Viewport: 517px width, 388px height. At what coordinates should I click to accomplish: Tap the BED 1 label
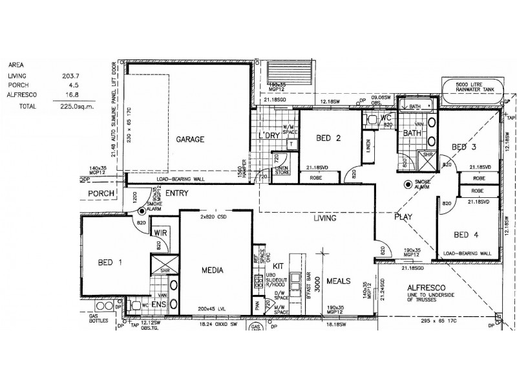point(110,262)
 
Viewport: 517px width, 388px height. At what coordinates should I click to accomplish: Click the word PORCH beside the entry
point(101,193)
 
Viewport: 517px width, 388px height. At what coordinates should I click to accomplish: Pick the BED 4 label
point(466,234)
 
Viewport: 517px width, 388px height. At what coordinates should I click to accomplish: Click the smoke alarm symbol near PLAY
point(408,184)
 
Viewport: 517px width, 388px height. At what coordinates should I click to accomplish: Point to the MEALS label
point(338,282)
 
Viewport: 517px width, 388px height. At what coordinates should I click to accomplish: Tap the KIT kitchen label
point(279,266)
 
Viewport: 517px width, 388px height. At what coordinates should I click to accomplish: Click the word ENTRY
point(176,193)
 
